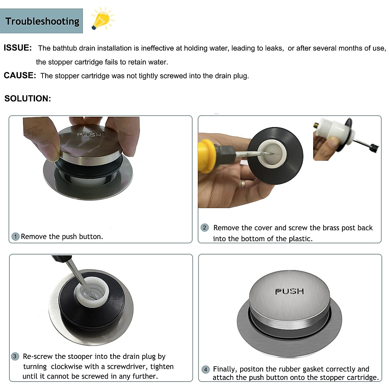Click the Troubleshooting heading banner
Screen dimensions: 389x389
pos(41,21)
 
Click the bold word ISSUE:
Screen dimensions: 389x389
pos(18,48)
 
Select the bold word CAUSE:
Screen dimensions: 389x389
pos(20,76)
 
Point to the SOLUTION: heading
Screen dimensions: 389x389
pos(28,99)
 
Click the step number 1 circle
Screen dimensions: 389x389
pos(16,236)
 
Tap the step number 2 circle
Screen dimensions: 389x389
pos(205,228)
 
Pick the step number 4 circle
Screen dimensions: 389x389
pos(206,370)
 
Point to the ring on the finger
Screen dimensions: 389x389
pos(243,184)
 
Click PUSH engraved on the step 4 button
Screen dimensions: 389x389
pos(289,291)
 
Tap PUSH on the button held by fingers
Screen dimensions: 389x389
pos(89,135)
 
